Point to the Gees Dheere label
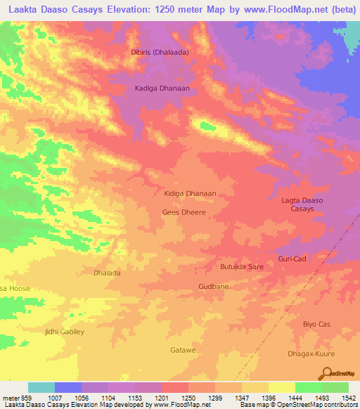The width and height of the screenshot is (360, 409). click(x=184, y=212)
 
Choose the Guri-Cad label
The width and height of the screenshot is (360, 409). click(x=292, y=259)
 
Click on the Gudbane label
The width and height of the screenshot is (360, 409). click(x=213, y=287)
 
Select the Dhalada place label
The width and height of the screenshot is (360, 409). click(x=107, y=272)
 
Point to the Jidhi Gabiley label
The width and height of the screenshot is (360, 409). click(x=64, y=331)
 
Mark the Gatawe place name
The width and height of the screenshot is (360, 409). click(x=183, y=349)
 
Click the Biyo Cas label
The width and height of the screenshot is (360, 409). click(x=316, y=324)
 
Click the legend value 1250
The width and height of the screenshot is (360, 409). click(x=188, y=397)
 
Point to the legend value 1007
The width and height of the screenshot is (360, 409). click(x=55, y=397)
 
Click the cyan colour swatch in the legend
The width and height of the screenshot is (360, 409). click(x=41, y=387)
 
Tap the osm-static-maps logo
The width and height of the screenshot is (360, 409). click(x=341, y=373)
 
